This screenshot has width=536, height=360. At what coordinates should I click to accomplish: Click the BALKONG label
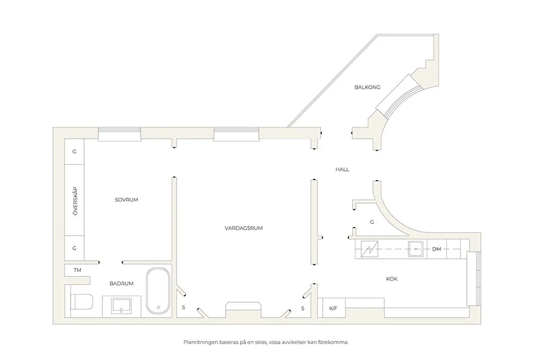coord(367,87)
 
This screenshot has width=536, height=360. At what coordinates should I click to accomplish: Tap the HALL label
coord(342,169)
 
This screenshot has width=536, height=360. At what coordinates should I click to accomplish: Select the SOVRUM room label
coord(126,200)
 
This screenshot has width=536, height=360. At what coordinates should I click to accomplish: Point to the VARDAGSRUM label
coord(244,228)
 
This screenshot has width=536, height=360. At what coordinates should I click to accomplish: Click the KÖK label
coord(392,279)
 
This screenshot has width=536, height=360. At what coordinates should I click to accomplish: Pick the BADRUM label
coord(121,283)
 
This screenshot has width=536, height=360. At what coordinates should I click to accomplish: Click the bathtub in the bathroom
coord(158,291)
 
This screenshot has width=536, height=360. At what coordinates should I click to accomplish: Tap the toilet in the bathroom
coord(81,302)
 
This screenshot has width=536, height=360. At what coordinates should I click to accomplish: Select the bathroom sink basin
coord(121,306)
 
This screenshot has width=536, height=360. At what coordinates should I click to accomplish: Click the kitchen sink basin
coord(416,249)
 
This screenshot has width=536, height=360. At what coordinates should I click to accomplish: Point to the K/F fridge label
coord(333,309)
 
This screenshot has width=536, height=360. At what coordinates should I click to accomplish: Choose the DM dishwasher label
coord(436,249)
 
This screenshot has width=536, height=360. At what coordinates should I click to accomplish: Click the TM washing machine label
coord(78,270)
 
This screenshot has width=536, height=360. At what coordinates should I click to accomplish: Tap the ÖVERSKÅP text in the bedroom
coord(75,201)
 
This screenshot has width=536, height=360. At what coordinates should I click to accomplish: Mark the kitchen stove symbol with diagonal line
coord(369,249)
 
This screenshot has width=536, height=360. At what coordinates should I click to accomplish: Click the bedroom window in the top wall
coord(120,133)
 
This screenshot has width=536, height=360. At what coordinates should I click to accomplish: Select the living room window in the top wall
coord(236,133)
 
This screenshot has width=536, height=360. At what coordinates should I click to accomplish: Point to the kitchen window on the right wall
coord(474,279)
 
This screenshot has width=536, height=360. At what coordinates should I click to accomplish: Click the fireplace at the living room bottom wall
coord(243,310)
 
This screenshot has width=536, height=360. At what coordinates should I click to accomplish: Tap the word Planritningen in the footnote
coord(200,342)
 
